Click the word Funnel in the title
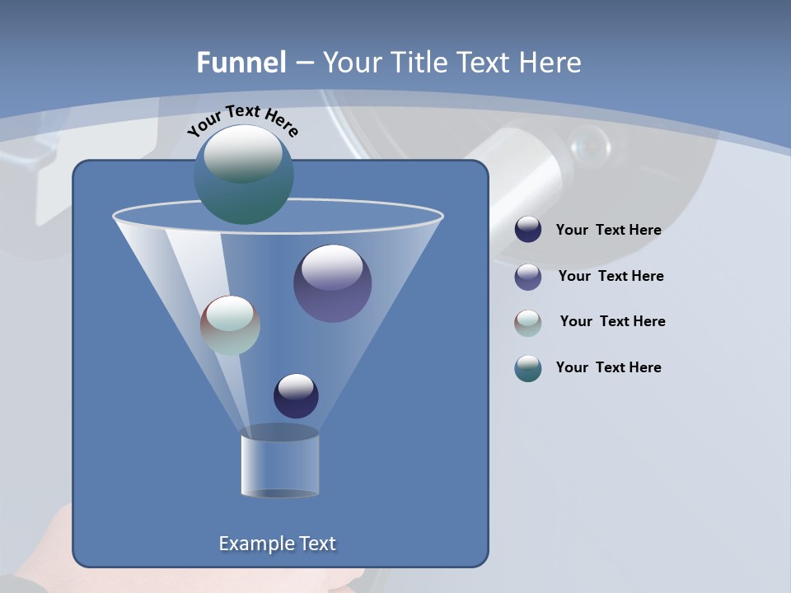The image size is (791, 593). pyautogui.click(x=241, y=63)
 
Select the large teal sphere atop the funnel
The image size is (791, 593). pyautogui.click(x=244, y=175)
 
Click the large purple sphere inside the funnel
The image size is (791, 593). pyautogui.click(x=333, y=283)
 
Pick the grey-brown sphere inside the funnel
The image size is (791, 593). pyautogui.click(x=230, y=325)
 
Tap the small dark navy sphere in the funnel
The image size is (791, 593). pyautogui.click(x=296, y=395)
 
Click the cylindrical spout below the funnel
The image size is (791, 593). pyautogui.click(x=280, y=465)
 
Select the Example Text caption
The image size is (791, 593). pyautogui.click(x=277, y=544)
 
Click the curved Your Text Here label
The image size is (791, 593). pyautogui.click(x=242, y=119)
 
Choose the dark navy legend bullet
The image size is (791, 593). pyautogui.click(x=528, y=230)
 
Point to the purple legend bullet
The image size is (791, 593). pyautogui.click(x=528, y=277)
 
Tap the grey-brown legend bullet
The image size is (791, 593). pyautogui.click(x=528, y=323)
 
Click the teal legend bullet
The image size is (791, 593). pyautogui.click(x=528, y=368)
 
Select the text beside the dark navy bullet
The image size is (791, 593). pyautogui.click(x=608, y=231)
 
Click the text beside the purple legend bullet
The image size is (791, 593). pyautogui.click(x=611, y=277)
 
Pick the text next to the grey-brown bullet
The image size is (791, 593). pyautogui.click(x=612, y=322)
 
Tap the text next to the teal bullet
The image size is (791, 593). pyautogui.click(x=608, y=368)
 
